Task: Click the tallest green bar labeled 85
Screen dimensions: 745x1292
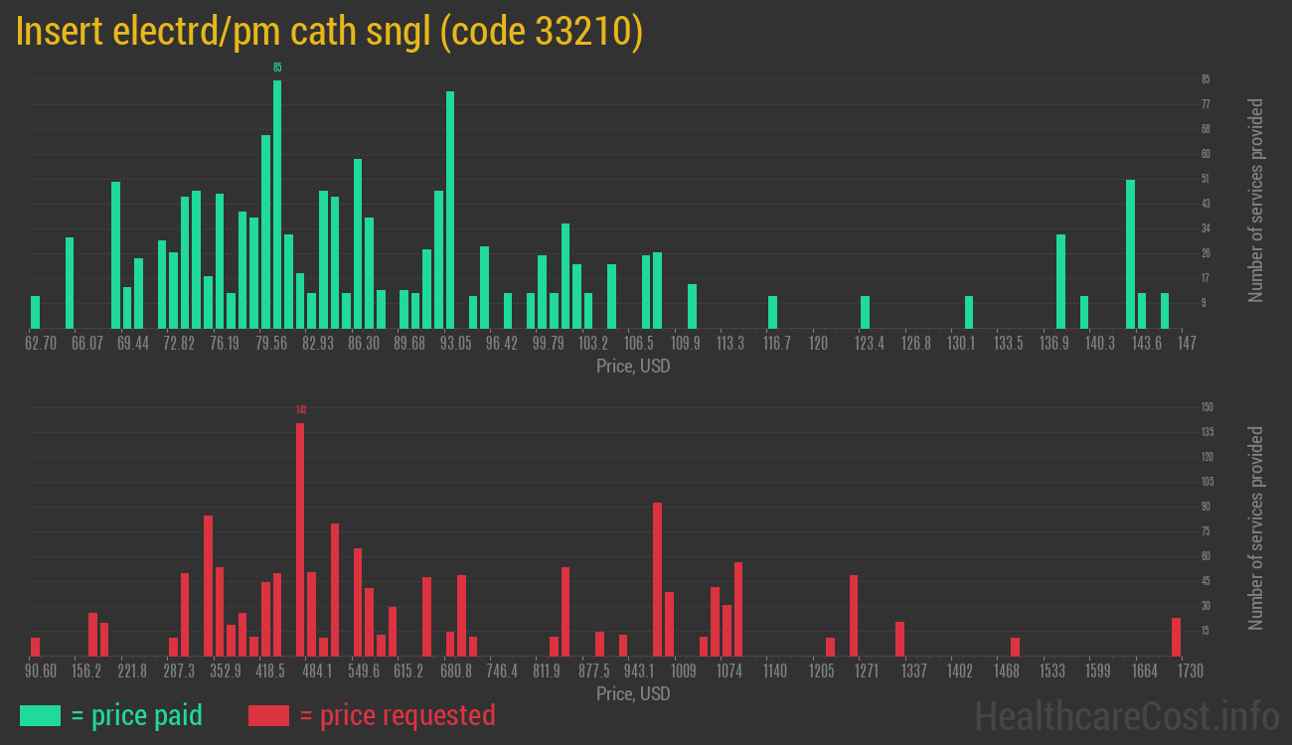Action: pos(277,204)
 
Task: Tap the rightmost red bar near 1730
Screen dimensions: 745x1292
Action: pos(1176,637)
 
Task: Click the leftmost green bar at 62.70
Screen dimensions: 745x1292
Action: pos(36,312)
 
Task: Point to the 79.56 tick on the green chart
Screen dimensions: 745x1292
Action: pos(271,344)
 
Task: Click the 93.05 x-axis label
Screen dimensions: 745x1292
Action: pos(456,344)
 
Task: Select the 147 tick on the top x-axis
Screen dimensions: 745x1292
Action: pos(1187,344)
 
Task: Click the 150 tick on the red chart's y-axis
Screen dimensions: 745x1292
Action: pos(1207,407)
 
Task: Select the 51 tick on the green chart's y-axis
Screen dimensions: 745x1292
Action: pos(1206,179)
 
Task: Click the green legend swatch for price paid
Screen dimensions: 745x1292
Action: pos(40,715)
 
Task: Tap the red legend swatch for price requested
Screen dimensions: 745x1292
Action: pos(268,715)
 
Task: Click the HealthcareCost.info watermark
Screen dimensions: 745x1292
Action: pos(1125,715)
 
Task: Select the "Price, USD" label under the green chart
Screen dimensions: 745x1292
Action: pos(633,367)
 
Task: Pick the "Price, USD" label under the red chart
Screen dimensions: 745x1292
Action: pos(633,693)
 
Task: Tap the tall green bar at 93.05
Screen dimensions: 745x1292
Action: pos(450,210)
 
